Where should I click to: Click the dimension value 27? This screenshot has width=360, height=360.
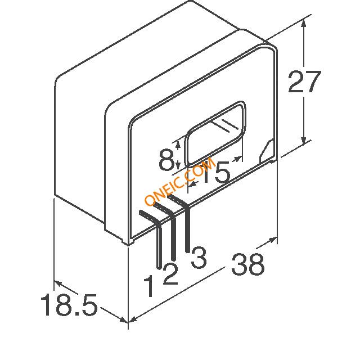click(304, 82)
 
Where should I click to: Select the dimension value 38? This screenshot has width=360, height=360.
click(248, 264)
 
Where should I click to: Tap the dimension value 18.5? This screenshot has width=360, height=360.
click(69, 304)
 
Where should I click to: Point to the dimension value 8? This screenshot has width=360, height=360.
click(166, 159)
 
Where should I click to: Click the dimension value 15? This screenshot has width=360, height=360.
click(216, 172)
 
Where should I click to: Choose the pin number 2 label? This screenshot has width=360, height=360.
click(170, 274)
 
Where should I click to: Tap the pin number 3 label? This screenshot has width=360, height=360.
click(199, 257)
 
